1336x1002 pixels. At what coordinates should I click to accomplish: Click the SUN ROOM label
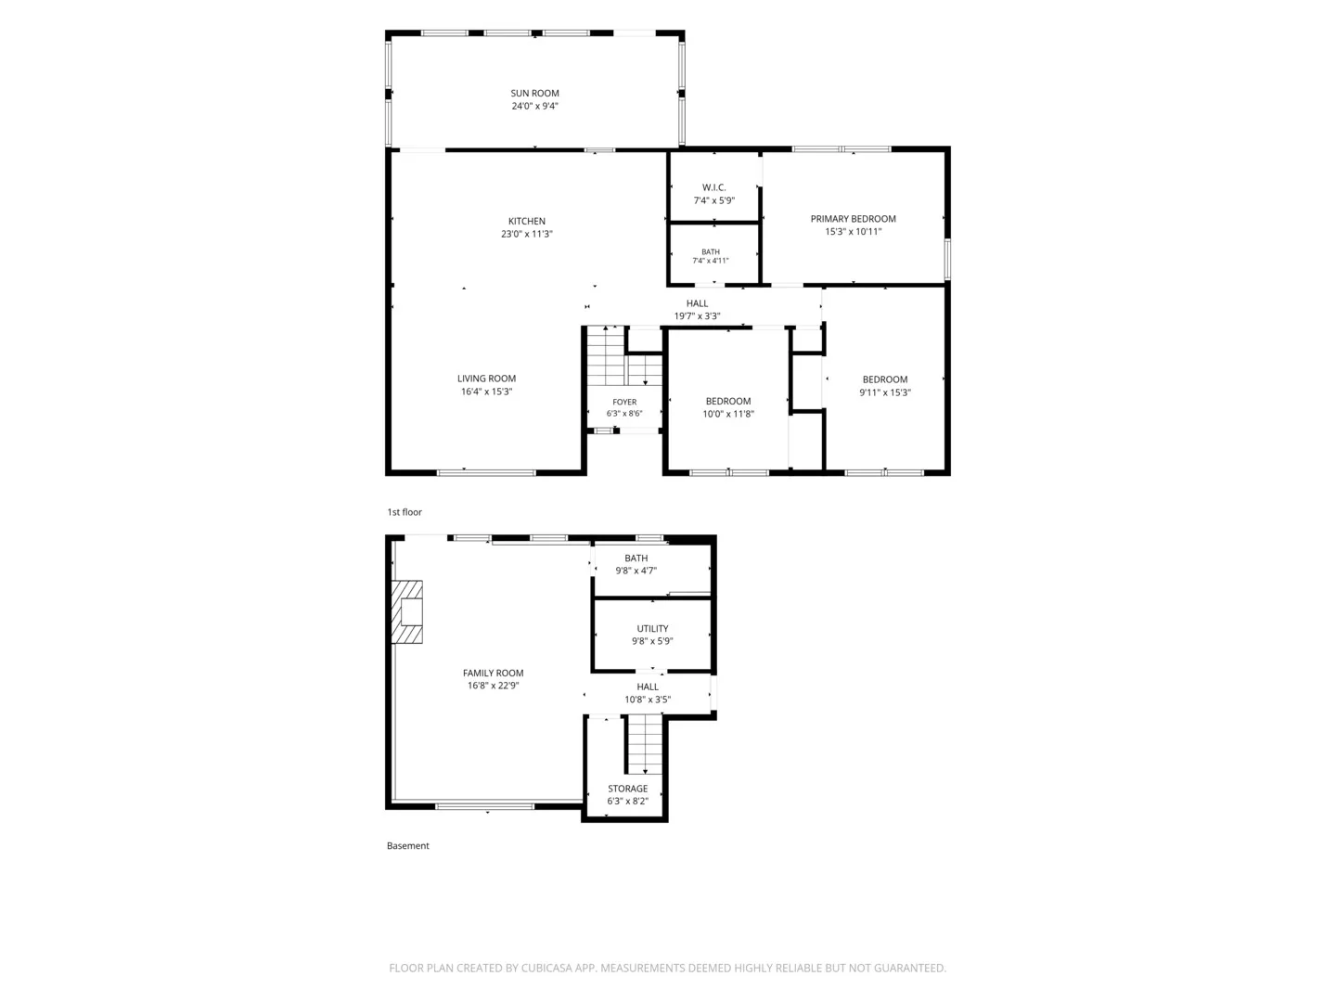[534, 93]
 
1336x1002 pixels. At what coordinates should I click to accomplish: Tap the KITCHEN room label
[526, 222]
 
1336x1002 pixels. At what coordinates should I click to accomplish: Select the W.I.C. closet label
[714, 187]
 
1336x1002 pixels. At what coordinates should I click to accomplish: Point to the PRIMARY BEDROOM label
[853, 219]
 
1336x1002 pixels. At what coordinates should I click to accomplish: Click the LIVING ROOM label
[486, 379]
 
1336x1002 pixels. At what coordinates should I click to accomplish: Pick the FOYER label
[624, 402]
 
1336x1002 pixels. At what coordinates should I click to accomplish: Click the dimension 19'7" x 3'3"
[697, 316]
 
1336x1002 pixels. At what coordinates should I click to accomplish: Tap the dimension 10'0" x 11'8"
[728, 415]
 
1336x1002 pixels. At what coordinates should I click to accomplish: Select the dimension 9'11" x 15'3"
[884, 392]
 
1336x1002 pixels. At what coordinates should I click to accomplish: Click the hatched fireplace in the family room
[406, 611]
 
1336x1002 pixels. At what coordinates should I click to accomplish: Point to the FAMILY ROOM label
[493, 673]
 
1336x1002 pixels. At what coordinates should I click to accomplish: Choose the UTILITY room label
[652, 628]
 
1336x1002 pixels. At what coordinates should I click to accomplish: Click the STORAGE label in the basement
[627, 789]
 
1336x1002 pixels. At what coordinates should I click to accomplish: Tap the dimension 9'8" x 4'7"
[636, 571]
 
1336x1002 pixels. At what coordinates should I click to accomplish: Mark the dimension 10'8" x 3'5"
[648, 700]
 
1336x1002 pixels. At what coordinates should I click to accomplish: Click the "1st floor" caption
[405, 512]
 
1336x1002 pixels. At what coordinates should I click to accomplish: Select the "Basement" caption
[408, 845]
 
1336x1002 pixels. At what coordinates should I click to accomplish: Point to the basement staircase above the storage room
[645, 744]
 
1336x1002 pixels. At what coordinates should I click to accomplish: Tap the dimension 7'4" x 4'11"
[711, 261]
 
